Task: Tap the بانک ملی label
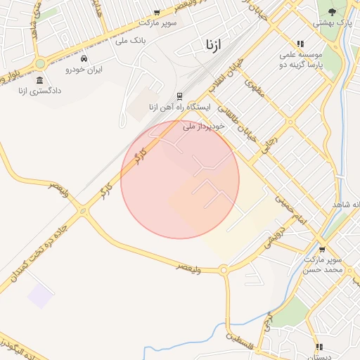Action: tap(132, 41)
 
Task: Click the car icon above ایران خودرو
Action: tap(84, 58)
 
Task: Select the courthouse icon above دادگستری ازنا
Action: tap(39, 79)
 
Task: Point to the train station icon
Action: tap(179, 96)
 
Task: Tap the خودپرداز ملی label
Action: tap(203, 126)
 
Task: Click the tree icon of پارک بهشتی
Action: tap(333, 11)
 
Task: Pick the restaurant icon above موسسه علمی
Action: tap(301, 43)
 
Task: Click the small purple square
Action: tap(40, 296)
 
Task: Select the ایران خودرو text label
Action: tap(84, 70)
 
